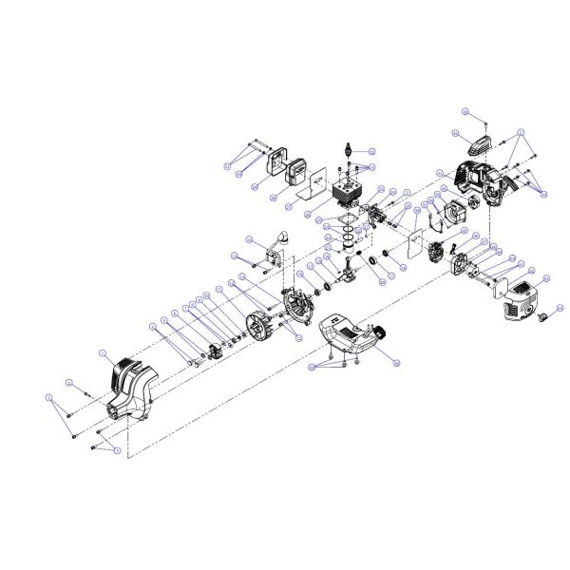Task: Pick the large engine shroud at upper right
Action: tap(480, 184)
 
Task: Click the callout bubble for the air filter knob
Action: tap(560, 308)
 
